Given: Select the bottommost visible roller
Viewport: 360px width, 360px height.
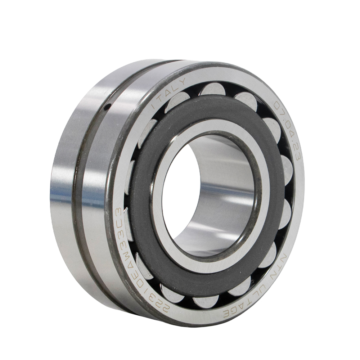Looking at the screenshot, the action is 206,300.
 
